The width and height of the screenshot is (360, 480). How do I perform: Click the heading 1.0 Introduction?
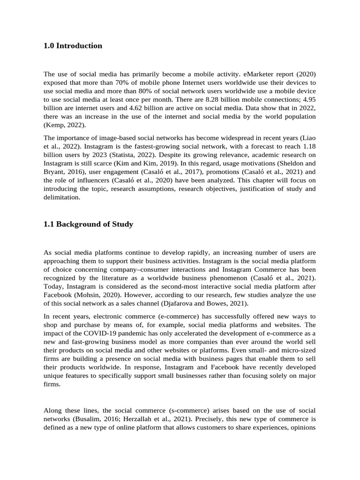click(x=73, y=46)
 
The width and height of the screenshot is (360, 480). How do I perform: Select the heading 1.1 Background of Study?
click(x=88, y=225)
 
